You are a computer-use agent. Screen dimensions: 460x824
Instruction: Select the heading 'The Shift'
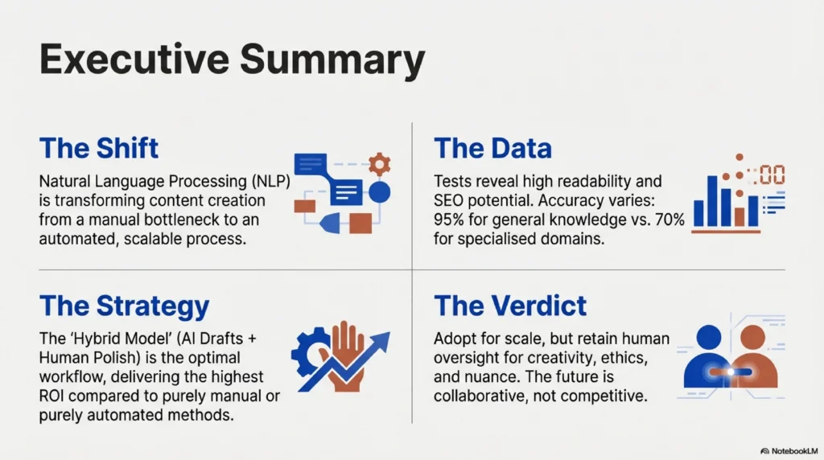[x=98, y=149]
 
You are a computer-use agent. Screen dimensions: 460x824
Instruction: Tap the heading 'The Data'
[x=492, y=149]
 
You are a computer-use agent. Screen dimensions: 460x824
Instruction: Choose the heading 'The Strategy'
[x=124, y=306]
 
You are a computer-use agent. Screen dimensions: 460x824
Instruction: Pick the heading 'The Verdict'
[x=510, y=306]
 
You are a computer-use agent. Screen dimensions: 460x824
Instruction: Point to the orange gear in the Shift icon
[x=378, y=164]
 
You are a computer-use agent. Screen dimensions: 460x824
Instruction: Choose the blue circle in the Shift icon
[x=379, y=191]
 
